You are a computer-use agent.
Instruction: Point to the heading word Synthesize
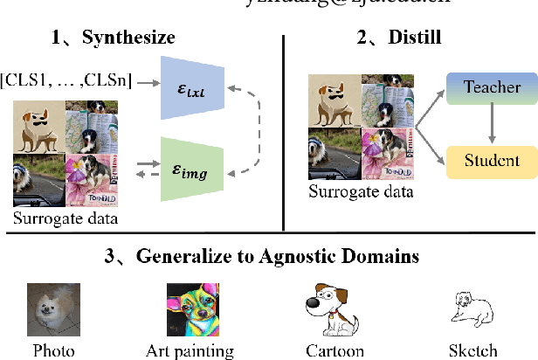[128, 38]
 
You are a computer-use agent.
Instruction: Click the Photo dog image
[53, 309]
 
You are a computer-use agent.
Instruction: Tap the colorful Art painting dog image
[190, 309]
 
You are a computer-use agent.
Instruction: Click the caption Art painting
[190, 351]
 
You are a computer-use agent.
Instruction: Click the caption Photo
[54, 351]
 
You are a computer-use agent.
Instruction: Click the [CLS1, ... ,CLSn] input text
[67, 82]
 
